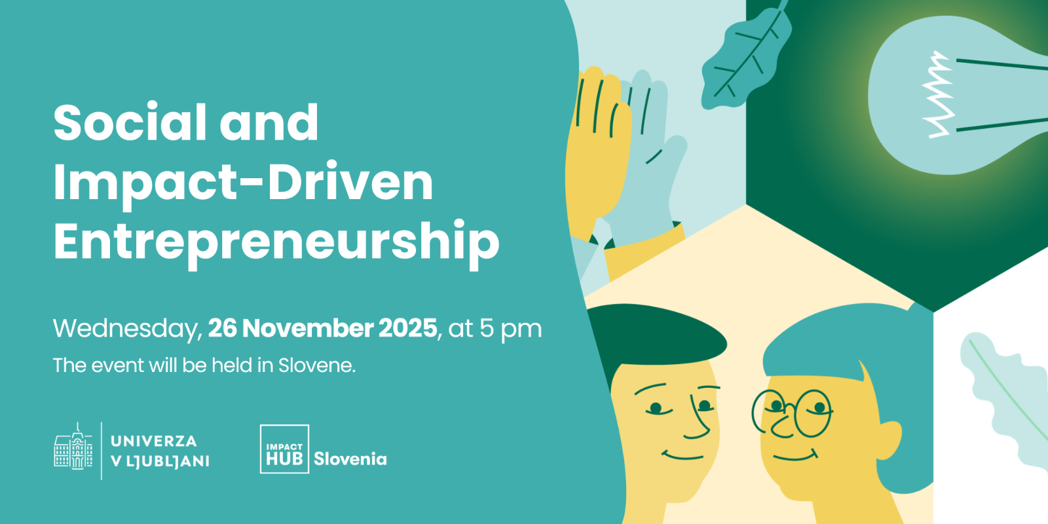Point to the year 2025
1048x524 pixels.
pyautogui.click(x=407, y=328)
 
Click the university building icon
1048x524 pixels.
pyautogui.click(x=73, y=447)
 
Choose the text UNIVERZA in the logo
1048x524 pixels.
pyautogui.click(x=154, y=441)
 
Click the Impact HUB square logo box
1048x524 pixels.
pyautogui.click(x=284, y=449)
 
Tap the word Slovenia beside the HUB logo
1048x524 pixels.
pyautogui.click(x=350, y=459)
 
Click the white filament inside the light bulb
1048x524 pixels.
pyautogui.click(x=938, y=95)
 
